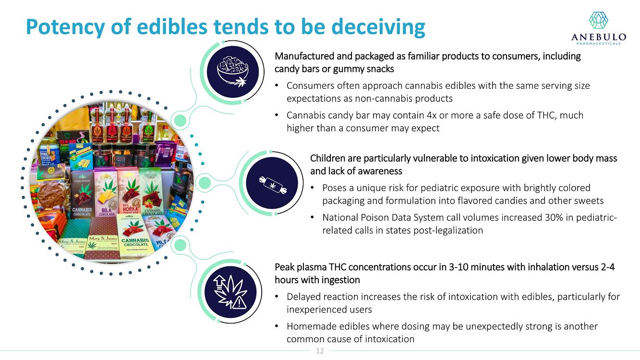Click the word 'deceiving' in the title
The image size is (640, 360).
378,27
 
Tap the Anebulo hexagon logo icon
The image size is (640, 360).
599,20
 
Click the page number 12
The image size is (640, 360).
320,351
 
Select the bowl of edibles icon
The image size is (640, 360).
233,72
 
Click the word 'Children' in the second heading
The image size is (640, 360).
328,158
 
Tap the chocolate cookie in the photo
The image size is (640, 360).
51,196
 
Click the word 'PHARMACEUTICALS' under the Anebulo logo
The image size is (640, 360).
599,43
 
